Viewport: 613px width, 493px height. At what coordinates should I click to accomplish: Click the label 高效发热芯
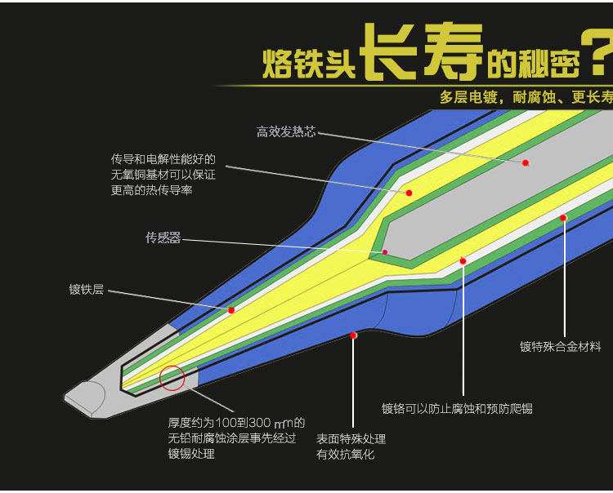click(286, 131)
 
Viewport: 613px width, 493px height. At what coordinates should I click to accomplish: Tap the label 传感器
click(163, 238)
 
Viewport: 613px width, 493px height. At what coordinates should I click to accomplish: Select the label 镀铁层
click(87, 289)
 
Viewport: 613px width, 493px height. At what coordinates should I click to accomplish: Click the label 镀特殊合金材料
click(561, 346)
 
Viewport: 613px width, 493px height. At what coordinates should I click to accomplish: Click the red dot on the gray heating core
click(526, 163)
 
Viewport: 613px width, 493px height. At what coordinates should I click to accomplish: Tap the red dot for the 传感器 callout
click(385, 252)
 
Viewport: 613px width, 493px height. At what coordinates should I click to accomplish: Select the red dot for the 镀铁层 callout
click(231, 310)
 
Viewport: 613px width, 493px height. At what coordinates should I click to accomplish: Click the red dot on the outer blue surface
click(353, 335)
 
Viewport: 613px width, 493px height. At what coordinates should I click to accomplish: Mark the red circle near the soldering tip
click(172, 378)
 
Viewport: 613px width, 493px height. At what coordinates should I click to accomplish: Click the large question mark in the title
click(595, 53)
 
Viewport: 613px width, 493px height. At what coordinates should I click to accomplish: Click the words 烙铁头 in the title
click(309, 64)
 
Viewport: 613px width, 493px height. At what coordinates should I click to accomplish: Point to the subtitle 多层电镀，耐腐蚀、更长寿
click(526, 98)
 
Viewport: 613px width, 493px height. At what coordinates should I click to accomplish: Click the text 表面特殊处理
click(351, 439)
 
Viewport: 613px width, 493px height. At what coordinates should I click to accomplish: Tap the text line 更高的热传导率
click(152, 190)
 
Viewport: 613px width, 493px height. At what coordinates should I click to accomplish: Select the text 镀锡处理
click(192, 454)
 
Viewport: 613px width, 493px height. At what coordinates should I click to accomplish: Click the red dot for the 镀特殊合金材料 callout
click(563, 218)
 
